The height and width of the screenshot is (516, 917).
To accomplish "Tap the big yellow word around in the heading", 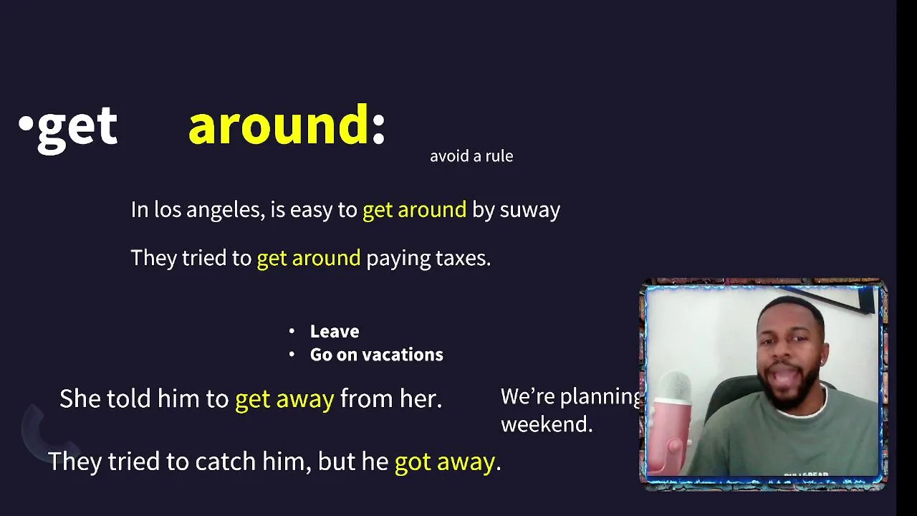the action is coord(279,125).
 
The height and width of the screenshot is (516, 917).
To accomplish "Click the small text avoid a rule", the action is coord(471,156).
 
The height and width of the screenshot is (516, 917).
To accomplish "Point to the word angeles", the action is coord(225,211).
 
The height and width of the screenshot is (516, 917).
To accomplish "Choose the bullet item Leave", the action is coord(335,331).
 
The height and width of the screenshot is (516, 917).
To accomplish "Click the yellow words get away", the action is coord(284,399).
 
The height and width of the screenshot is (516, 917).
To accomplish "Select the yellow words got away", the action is coord(445,462).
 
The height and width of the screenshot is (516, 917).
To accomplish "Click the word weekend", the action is coord(547,424).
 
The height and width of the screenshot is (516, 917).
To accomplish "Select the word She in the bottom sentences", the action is coord(80,398).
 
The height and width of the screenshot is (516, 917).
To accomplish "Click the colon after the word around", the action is coord(379,129).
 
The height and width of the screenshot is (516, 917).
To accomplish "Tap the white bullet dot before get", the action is coord(26,123).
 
